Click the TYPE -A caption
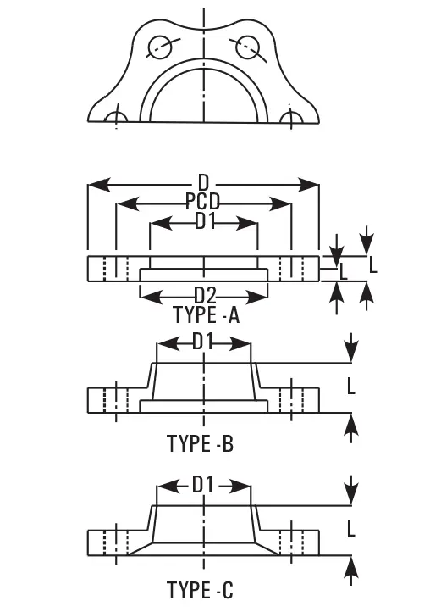pyautogui.click(x=206, y=314)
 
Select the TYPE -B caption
pyautogui.click(x=200, y=443)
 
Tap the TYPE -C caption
pyautogui.click(x=200, y=590)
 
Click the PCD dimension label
pyautogui.click(x=203, y=202)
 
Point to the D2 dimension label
pyautogui.click(x=205, y=296)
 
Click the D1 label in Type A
pyautogui.click(x=205, y=222)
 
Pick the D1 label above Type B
pyautogui.click(x=203, y=342)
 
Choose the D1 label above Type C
pyautogui.click(x=203, y=486)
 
